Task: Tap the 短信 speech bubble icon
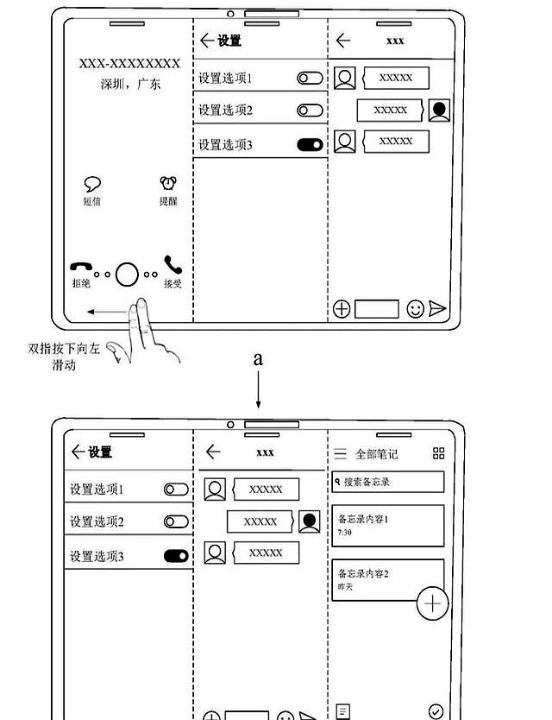92,183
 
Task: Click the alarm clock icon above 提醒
168,183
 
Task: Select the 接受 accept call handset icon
172,264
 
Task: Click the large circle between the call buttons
127,274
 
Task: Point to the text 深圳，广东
130,85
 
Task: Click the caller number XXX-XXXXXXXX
129,64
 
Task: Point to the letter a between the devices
257,359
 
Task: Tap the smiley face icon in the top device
415,309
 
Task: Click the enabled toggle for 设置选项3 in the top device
310,145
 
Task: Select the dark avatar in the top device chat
439,111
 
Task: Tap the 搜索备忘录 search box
388,482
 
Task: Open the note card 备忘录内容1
388,525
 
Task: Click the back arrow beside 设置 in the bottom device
78,452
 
